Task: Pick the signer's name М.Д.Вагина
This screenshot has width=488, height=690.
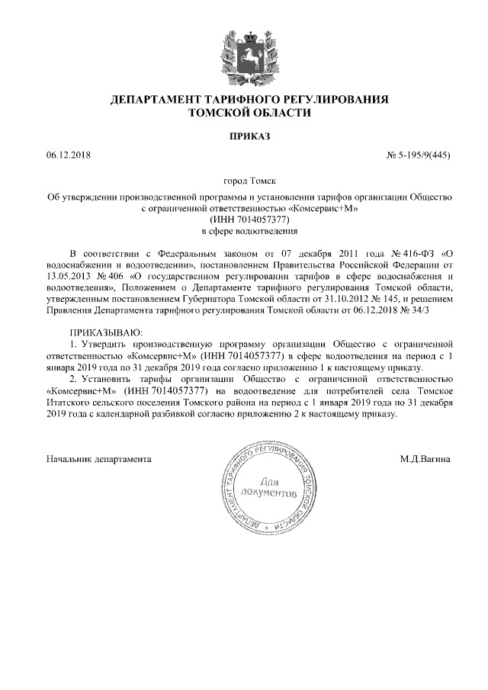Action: (425, 459)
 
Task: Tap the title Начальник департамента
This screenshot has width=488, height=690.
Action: (98, 459)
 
